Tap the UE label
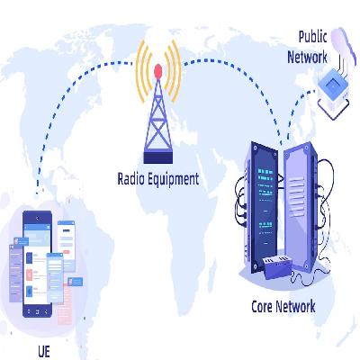click(44, 352)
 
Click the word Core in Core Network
click(262, 307)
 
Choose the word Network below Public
click(307, 57)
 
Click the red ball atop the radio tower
click(158, 71)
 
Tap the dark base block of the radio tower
click(158, 157)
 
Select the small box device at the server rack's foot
click(277, 266)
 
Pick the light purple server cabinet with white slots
click(301, 206)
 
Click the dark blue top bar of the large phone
click(38, 217)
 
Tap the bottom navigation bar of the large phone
click(38, 311)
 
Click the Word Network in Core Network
click(295, 307)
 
